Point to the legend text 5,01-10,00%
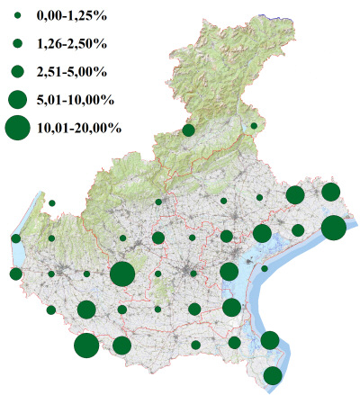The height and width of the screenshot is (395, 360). tap(75, 99)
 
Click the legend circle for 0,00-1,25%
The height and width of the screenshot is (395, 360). tap(18, 15)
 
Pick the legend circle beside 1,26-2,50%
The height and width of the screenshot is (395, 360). tap(18, 43)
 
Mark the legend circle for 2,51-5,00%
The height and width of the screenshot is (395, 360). tap(18, 71)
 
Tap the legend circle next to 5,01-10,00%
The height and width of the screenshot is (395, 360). tap(18, 99)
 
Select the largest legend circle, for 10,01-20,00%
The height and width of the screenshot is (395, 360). tap(18, 128)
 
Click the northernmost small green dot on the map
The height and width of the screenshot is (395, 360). tap(254, 126)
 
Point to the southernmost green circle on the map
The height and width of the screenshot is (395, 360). tap(273, 376)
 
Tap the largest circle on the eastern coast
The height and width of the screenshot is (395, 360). tap(333, 228)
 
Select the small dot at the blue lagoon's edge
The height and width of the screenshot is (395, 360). tap(265, 268)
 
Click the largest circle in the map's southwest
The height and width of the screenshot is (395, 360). tap(86, 346)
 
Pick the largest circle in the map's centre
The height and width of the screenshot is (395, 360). tap(122, 274)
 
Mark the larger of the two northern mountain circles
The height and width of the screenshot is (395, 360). tap(188, 130)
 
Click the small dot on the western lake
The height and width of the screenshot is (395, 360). tap(16, 238)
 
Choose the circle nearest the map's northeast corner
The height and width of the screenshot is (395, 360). tap(330, 192)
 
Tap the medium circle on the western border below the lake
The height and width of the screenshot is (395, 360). tap(15, 274)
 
